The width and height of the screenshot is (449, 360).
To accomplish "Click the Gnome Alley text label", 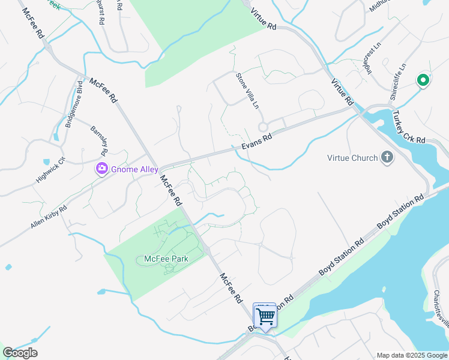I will (134, 169).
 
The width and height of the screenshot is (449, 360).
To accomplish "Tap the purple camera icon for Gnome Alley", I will (101, 169).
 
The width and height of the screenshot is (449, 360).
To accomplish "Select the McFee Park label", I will (166, 259).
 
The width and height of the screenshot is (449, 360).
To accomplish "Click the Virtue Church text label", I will (352, 158).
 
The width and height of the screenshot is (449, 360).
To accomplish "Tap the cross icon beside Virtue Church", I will (387, 158).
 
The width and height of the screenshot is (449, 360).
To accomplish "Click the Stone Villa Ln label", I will (247, 91).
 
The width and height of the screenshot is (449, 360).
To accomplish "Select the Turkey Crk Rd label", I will (408, 127).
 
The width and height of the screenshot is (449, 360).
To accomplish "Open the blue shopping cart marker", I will (265, 314).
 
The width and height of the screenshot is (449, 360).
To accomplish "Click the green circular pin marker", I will (423, 80).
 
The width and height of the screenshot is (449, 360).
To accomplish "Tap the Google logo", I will (20, 353).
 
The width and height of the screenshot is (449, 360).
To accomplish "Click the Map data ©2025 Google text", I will (412, 355).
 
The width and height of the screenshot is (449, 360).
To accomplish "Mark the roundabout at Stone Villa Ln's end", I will (262, 127).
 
